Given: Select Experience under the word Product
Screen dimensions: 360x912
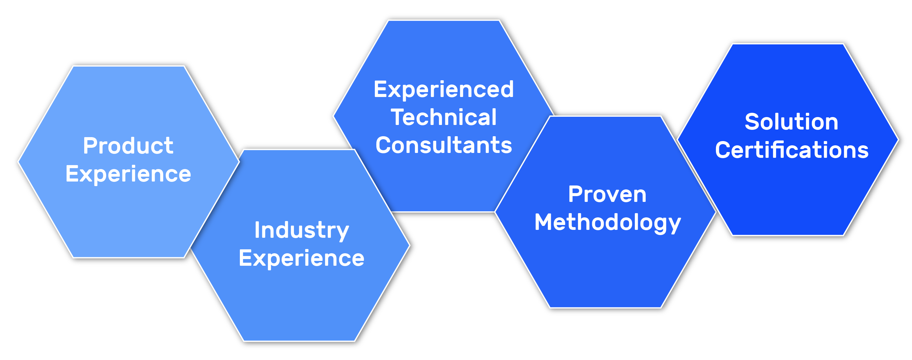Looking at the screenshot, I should pyautogui.click(x=128, y=174).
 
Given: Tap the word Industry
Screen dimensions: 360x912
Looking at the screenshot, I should pyautogui.click(x=302, y=230).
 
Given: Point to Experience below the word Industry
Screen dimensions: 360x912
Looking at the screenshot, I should pyautogui.click(x=302, y=258).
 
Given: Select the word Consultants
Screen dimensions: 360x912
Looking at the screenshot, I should pyautogui.click(x=444, y=145).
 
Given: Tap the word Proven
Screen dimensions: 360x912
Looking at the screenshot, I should pyautogui.click(x=607, y=194).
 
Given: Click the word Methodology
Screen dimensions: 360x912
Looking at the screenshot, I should pyautogui.click(x=607, y=222).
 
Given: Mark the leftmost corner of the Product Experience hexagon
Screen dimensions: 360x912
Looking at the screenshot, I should pyautogui.click(x=18, y=162).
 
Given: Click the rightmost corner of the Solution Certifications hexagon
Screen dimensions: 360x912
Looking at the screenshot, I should pyautogui.click(x=899, y=140).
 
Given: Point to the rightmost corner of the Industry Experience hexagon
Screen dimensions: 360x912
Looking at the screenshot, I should pyautogui.click(x=410, y=245).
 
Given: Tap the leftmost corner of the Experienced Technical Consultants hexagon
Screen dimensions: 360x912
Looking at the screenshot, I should pyautogui.click(x=333, y=116).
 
